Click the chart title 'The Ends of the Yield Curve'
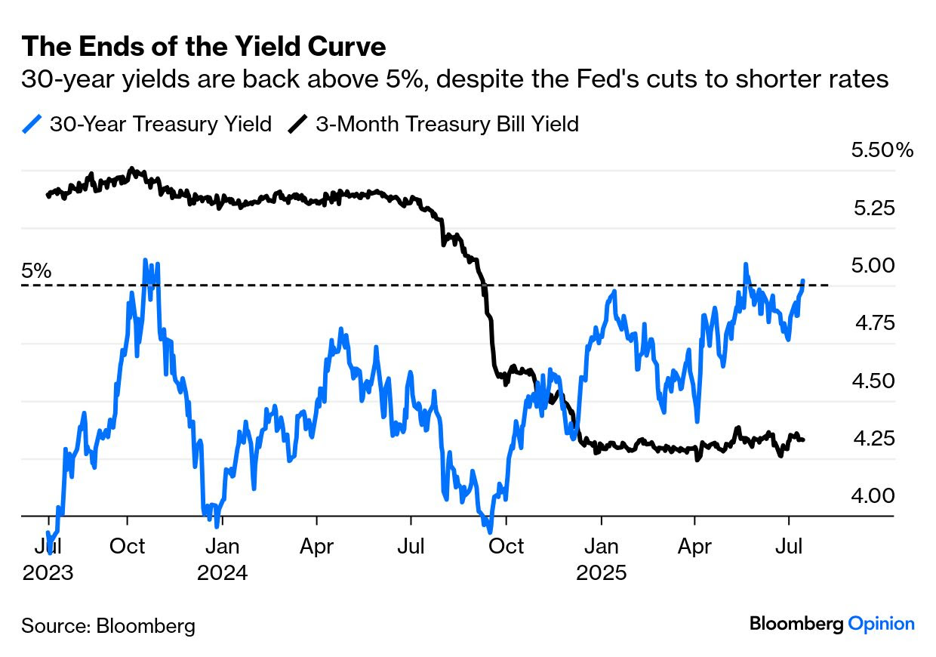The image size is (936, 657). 204,47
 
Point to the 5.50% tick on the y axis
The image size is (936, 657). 882,150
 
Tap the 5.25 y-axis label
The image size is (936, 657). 873,208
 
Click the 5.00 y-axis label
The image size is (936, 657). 873,265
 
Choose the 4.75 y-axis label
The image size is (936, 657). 873,323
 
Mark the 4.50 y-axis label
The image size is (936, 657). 873,381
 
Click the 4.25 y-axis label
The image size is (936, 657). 873,438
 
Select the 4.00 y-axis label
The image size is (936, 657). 873,496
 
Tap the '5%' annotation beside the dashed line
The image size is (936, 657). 36,270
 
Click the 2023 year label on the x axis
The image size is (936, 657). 48,572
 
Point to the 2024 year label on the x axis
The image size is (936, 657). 223,572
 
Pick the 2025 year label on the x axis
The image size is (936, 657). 601,572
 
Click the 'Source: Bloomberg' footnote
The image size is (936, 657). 108,625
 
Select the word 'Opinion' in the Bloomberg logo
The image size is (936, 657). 881,624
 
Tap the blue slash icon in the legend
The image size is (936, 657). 32,124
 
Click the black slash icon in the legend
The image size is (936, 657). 298,124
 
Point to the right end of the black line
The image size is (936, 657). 803,440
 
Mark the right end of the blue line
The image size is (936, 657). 802,280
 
